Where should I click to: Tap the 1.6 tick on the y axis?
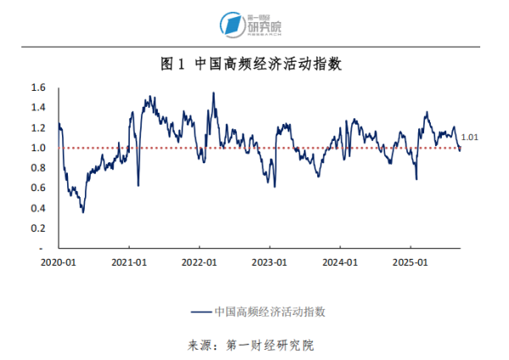pos(37,87)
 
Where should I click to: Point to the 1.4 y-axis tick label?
pos(37,108)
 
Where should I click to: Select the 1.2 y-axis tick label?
pos(37,128)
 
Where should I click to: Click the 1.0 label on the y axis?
pos(37,148)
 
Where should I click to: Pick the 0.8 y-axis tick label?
pos(37,168)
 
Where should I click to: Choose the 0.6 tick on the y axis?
pos(37,188)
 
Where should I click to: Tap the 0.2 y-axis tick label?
pos(37,228)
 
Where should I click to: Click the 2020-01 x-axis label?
pos(58,262)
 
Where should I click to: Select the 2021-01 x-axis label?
pos(128,262)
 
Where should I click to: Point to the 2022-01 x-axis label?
pos(199,262)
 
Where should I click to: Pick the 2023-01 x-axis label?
pos(269,262)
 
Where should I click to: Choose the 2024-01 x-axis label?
pos(339,262)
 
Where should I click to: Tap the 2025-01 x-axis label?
pos(410,262)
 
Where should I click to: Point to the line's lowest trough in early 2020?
pos(82,211)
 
